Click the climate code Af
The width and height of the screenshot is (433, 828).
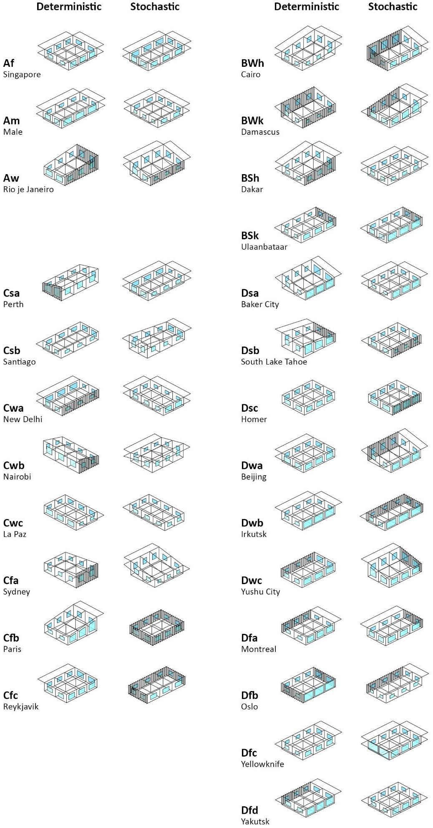coord(8,63)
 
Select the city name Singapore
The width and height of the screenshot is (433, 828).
coord(22,75)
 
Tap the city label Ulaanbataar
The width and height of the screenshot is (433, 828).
coord(264,247)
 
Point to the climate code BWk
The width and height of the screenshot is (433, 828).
coord(252,121)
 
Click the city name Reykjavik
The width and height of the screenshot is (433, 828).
coord(20,706)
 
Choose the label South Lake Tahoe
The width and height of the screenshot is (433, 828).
coord(274,362)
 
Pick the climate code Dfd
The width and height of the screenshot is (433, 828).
coord(249,810)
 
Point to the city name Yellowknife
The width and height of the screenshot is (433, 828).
coord(262,764)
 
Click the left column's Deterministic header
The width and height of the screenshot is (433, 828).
coord(69,7)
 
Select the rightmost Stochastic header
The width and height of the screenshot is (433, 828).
coord(393,7)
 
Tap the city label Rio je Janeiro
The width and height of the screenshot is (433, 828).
coord(28,190)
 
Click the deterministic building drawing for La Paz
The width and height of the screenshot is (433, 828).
coord(73,512)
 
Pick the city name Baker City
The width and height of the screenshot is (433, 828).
coord(259,304)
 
